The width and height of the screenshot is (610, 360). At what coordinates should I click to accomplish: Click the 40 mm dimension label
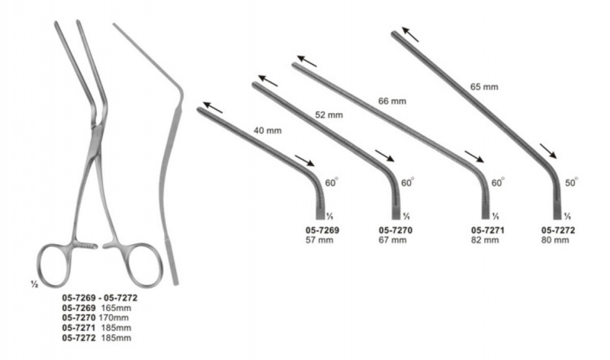[x=270, y=130]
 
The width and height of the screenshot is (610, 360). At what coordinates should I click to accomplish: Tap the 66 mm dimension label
[x=393, y=100]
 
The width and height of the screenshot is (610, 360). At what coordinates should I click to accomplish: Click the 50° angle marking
[x=571, y=183]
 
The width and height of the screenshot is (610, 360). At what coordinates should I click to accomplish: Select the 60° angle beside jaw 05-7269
[x=333, y=183]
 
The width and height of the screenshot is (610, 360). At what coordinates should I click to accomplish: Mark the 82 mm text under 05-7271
[x=486, y=240]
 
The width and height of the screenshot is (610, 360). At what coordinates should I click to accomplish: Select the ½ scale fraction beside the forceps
[x=34, y=284]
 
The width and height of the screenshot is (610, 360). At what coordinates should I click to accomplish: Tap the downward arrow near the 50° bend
[x=547, y=150]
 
